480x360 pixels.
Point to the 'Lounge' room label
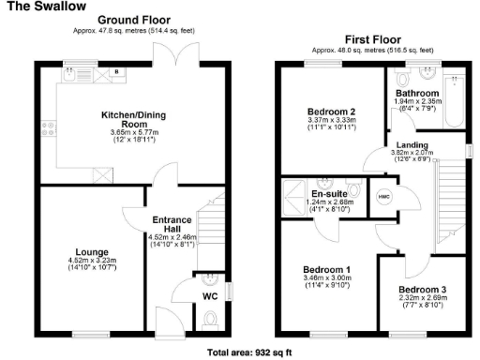(93, 253)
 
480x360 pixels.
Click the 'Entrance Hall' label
(171, 225)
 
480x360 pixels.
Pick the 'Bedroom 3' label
(419, 289)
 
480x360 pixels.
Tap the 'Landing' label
(409, 144)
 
